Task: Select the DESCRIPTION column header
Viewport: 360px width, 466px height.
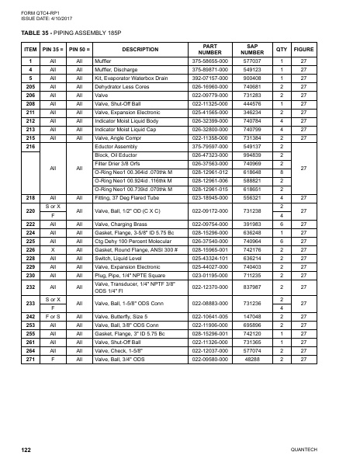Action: [x=130, y=49]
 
